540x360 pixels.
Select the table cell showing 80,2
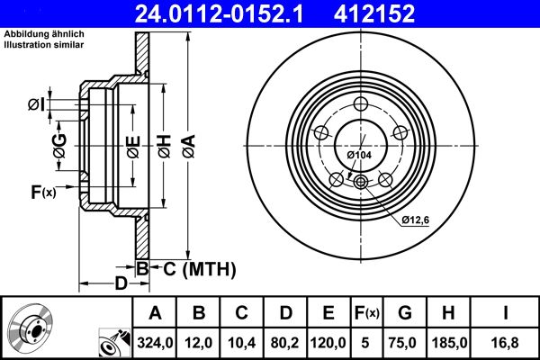click(x=285, y=343)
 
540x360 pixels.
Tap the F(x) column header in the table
click(x=366, y=313)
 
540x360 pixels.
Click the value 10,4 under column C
click(x=242, y=343)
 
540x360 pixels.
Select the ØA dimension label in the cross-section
click(x=187, y=143)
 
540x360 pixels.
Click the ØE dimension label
click(x=132, y=144)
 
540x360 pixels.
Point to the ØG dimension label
click(x=59, y=147)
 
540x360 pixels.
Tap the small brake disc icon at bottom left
click(x=30, y=328)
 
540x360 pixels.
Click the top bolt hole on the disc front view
click(x=361, y=102)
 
